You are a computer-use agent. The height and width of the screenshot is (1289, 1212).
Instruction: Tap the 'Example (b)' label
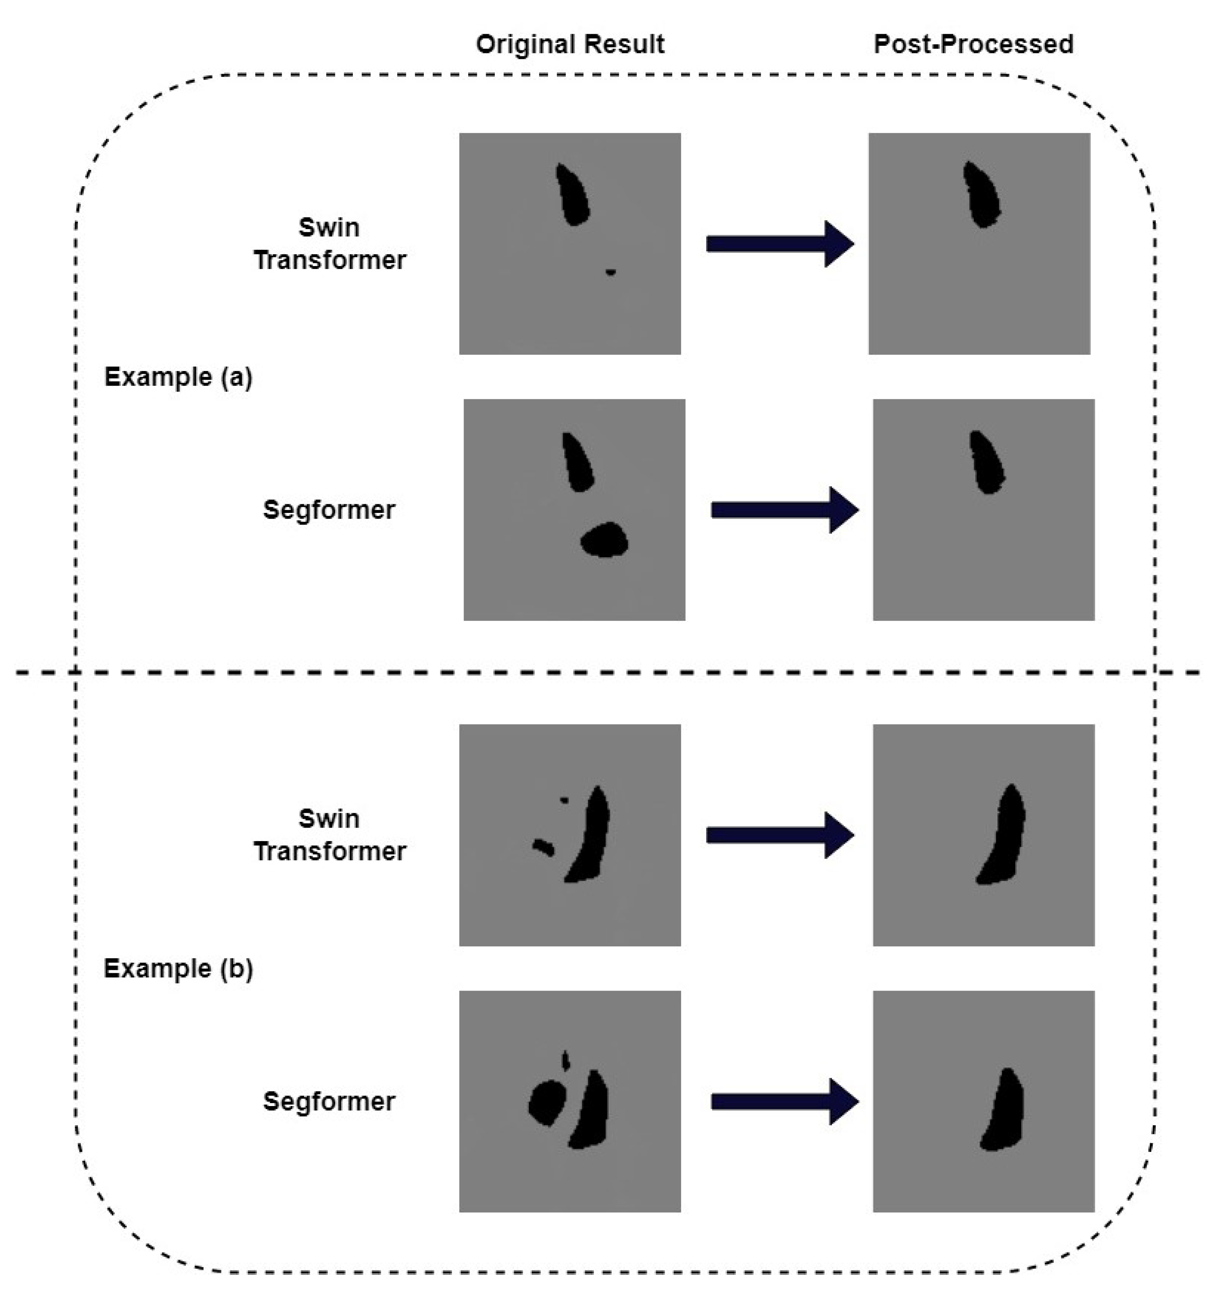178,969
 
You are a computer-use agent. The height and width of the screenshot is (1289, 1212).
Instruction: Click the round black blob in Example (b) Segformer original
547,1103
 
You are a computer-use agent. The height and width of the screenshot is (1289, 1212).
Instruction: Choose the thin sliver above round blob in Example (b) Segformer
566,1060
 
